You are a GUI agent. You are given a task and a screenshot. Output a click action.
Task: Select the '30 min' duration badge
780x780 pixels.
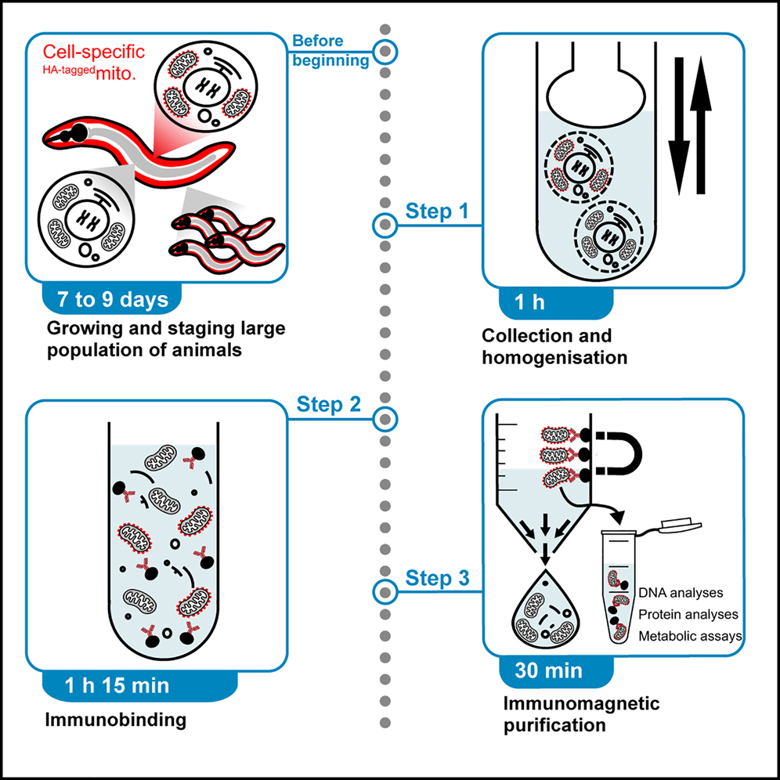tap(549, 670)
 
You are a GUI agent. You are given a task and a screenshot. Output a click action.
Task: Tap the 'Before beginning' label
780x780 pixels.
tap(330, 51)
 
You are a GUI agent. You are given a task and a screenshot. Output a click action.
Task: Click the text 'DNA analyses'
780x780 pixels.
tap(681, 593)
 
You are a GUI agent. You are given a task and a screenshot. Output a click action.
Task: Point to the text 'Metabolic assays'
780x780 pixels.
tap(690, 636)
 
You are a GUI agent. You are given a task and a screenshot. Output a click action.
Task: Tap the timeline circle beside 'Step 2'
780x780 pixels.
tap(384, 419)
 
